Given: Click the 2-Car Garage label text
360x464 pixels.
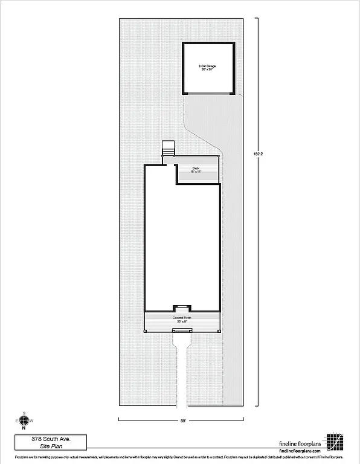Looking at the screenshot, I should [208, 65].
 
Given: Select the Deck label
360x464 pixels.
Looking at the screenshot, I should [196, 168].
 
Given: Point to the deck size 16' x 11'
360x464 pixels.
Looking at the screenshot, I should [196, 172].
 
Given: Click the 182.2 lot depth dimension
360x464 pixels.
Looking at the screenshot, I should [257, 153].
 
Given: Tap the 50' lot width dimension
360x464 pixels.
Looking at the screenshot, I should [182, 419].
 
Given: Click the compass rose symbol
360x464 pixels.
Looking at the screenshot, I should [24, 420].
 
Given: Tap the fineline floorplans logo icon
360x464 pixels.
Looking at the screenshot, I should [335, 442].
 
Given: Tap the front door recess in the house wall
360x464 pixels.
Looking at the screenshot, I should [182, 308].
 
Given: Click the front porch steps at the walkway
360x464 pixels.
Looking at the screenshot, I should [182, 330].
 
